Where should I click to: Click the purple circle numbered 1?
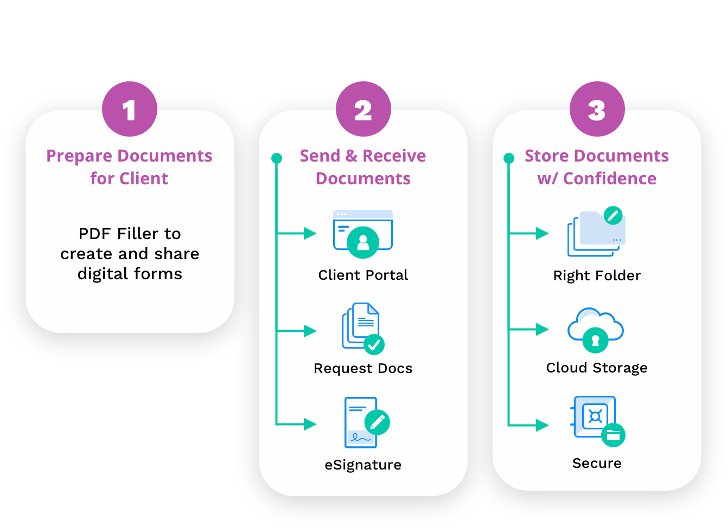point(130,109)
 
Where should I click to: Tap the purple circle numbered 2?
point(363,109)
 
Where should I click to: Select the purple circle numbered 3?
point(597,109)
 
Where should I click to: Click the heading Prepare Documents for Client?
point(129,167)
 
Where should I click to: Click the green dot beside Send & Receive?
point(277,158)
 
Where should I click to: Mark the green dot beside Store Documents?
point(509,158)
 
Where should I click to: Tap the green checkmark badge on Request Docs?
point(374,344)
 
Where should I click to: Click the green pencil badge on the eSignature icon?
point(378,422)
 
